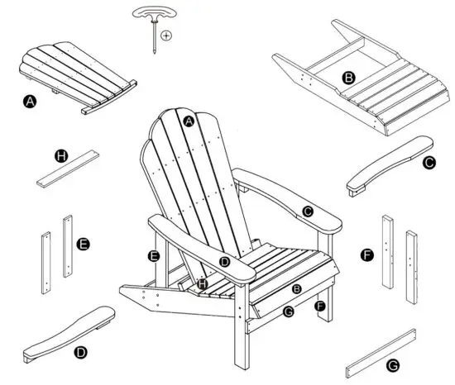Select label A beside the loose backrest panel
click(x=31, y=102)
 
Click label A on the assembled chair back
click(x=189, y=121)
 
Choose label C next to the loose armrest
click(x=428, y=164)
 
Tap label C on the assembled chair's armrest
click(x=307, y=212)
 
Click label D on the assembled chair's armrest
click(x=224, y=261)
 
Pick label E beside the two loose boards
click(x=82, y=245)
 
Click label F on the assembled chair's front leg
click(x=319, y=307)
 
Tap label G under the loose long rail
click(x=394, y=364)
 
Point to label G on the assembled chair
click(x=288, y=311)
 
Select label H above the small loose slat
click(x=60, y=155)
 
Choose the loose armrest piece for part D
click(x=71, y=330)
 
